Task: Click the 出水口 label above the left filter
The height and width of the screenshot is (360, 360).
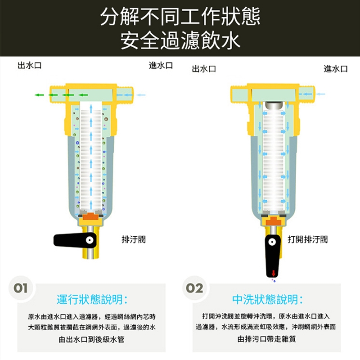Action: tap(30, 66)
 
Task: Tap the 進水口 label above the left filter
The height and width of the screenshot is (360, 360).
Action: tap(161, 66)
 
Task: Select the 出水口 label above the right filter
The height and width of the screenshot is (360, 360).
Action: tap(204, 69)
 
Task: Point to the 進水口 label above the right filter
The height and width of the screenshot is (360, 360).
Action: tap(336, 69)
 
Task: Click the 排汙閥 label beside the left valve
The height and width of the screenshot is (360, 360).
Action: tap(133, 239)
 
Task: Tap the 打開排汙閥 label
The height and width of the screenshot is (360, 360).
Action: tap(308, 239)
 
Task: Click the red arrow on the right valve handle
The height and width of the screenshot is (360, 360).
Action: tap(273, 273)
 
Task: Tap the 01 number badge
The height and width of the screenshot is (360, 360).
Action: tap(21, 288)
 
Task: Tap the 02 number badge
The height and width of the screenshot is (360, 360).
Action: tap(194, 288)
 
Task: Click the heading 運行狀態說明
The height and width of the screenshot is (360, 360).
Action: tap(92, 299)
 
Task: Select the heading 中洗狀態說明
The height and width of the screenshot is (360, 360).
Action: tap(267, 299)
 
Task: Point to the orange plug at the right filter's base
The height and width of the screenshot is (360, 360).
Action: tap(273, 220)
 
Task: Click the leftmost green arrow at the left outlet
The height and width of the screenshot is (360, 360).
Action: tap(40, 95)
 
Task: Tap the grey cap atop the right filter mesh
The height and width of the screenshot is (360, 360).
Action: tap(273, 105)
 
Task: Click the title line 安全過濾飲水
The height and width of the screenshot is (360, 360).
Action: tap(180, 40)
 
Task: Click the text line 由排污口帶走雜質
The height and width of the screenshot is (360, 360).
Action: tap(266, 339)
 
